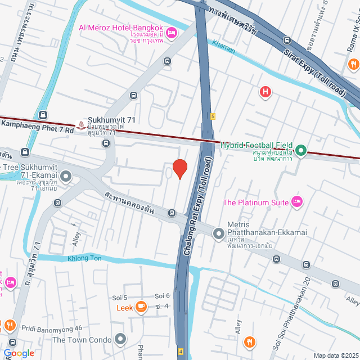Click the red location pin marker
point(179,168)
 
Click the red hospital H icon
point(265,91)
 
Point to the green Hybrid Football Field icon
point(301,150)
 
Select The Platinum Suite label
point(256,202)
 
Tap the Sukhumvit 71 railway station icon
point(82,124)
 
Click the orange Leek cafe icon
point(140,307)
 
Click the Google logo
point(19,353)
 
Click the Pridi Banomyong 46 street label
point(52,327)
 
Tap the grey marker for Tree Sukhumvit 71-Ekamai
point(66,177)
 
